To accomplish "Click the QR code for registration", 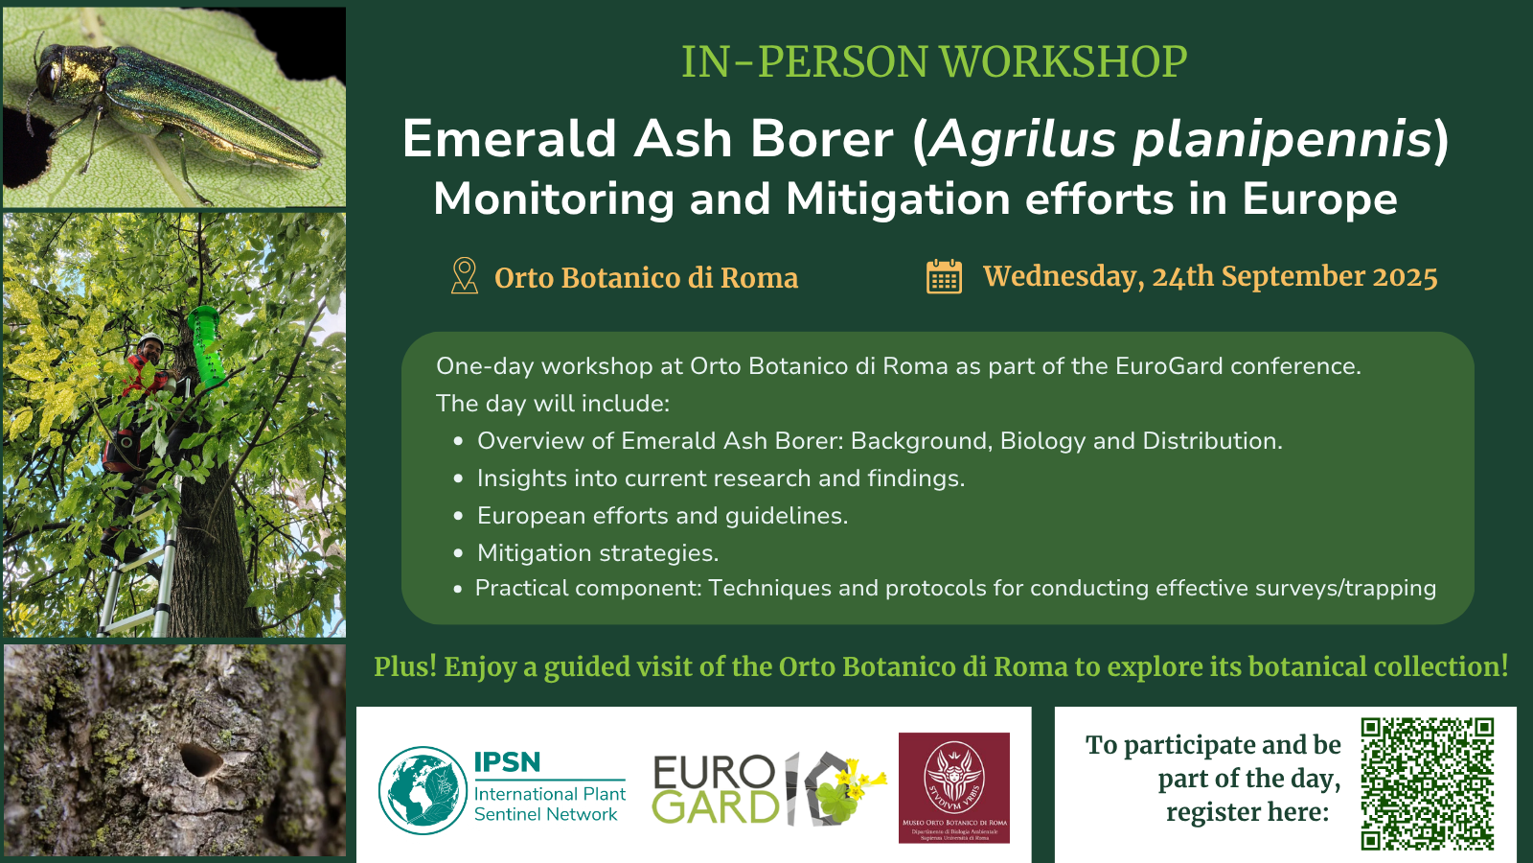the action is (x=1428, y=783).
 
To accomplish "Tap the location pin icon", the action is (x=464, y=276).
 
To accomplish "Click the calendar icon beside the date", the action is (x=944, y=277).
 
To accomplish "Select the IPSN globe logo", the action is (x=423, y=790).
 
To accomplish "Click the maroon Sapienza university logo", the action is (x=954, y=787).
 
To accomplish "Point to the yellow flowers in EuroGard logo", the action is (x=858, y=781).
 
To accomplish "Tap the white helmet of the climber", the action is (x=149, y=339).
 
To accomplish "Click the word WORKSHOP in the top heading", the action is (x=1064, y=61).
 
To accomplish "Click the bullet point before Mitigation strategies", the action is (x=459, y=553).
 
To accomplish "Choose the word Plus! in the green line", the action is (x=405, y=666).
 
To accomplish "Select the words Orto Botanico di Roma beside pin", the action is (x=646, y=277).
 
